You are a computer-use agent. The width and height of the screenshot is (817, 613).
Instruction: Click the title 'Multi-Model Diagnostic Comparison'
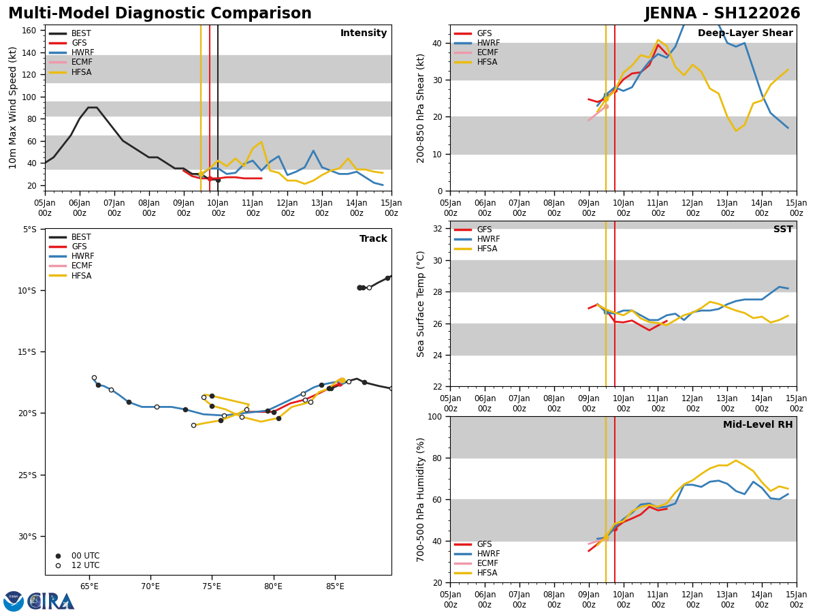point(160,14)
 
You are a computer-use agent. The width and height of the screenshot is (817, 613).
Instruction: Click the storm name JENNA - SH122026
point(722,14)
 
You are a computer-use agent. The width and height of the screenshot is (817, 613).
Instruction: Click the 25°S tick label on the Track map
point(26,475)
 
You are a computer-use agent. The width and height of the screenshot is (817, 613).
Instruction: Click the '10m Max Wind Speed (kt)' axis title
point(13,108)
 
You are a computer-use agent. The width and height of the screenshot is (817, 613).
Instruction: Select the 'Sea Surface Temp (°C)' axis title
point(421,304)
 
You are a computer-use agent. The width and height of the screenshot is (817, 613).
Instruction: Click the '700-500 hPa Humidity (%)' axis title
point(421,499)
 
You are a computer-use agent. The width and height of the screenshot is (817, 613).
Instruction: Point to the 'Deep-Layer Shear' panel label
point(745,33)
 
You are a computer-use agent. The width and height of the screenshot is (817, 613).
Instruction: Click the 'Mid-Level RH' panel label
point(758,425)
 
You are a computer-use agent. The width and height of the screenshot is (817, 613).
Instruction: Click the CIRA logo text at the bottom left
point(51,601)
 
